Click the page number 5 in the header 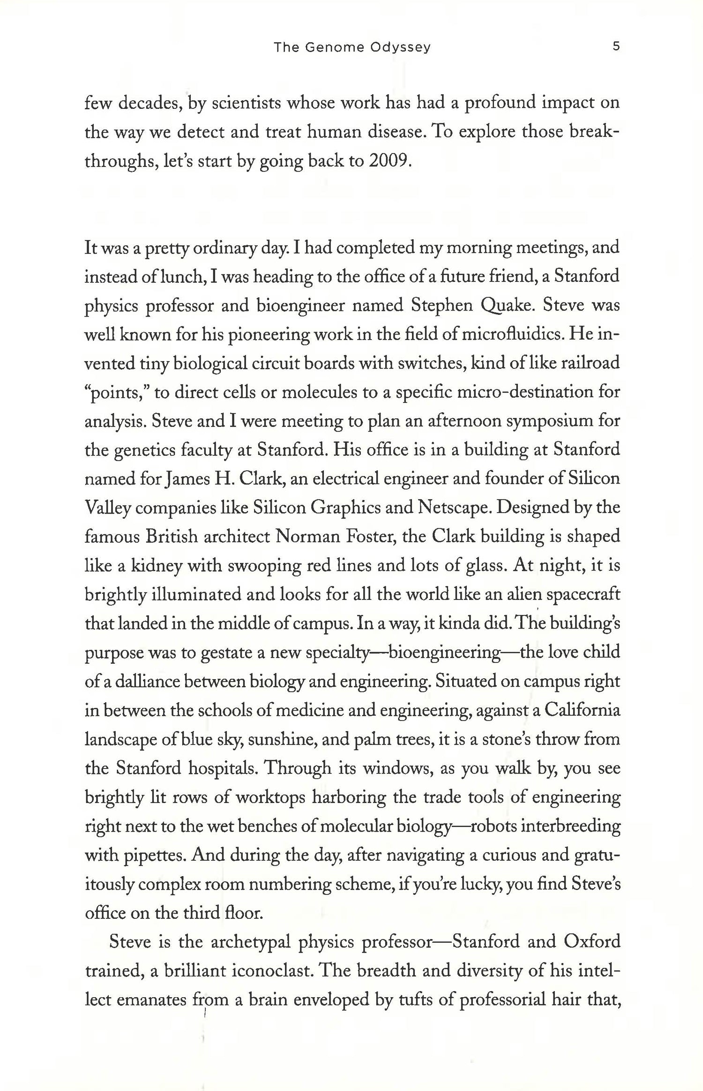click(616, 46)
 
